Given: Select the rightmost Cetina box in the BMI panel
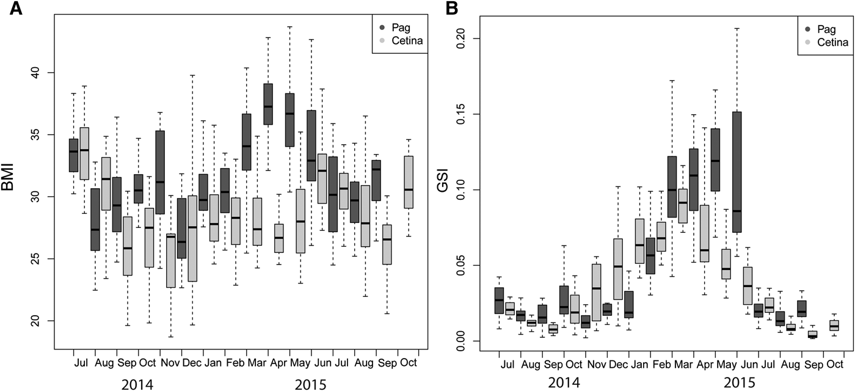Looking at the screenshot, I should [409, 182].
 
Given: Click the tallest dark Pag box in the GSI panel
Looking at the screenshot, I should [737, 172].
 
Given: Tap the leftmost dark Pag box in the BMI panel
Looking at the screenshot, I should [73, 155].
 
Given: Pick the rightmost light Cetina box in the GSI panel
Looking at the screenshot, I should [834, 325].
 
